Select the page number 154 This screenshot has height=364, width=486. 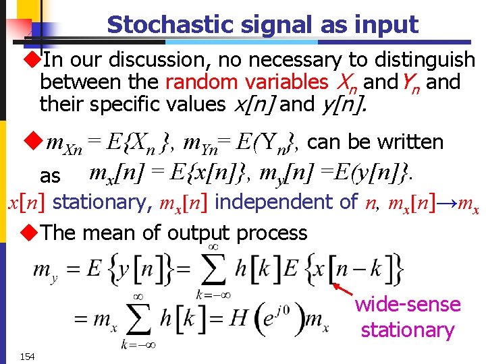(x=28, y=355)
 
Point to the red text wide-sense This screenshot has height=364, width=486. (x=408, y=305)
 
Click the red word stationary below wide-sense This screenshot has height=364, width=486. (x=407, y=330)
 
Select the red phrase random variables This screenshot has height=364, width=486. (x=246, y=82)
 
